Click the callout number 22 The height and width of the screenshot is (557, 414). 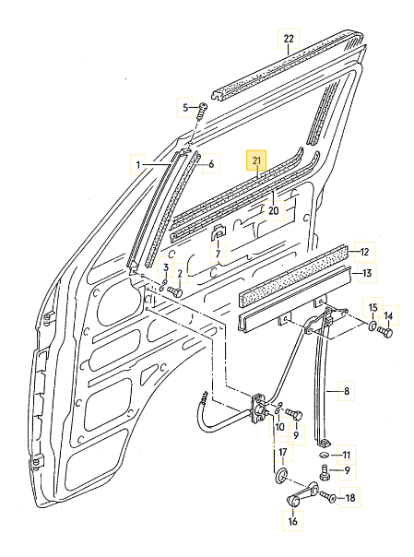[289, 39]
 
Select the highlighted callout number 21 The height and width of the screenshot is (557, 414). [257, 162]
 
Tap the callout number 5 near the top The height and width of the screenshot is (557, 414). [184, 108]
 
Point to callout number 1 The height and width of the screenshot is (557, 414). [139, 165]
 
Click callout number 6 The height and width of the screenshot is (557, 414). [210, 165]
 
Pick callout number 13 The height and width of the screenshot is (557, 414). [366, 273]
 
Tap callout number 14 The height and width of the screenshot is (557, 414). [388, 316]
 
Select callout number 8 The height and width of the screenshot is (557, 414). [347, 392]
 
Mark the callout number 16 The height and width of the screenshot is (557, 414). [293, 521]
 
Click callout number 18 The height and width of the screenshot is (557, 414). [349, 498]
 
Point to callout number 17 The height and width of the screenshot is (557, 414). [284, 453]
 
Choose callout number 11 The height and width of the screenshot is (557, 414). [347, 455]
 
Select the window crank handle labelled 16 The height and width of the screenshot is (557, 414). [297, 499]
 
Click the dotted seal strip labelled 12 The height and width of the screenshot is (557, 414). [295, 266]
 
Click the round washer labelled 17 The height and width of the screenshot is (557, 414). [280, 476]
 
